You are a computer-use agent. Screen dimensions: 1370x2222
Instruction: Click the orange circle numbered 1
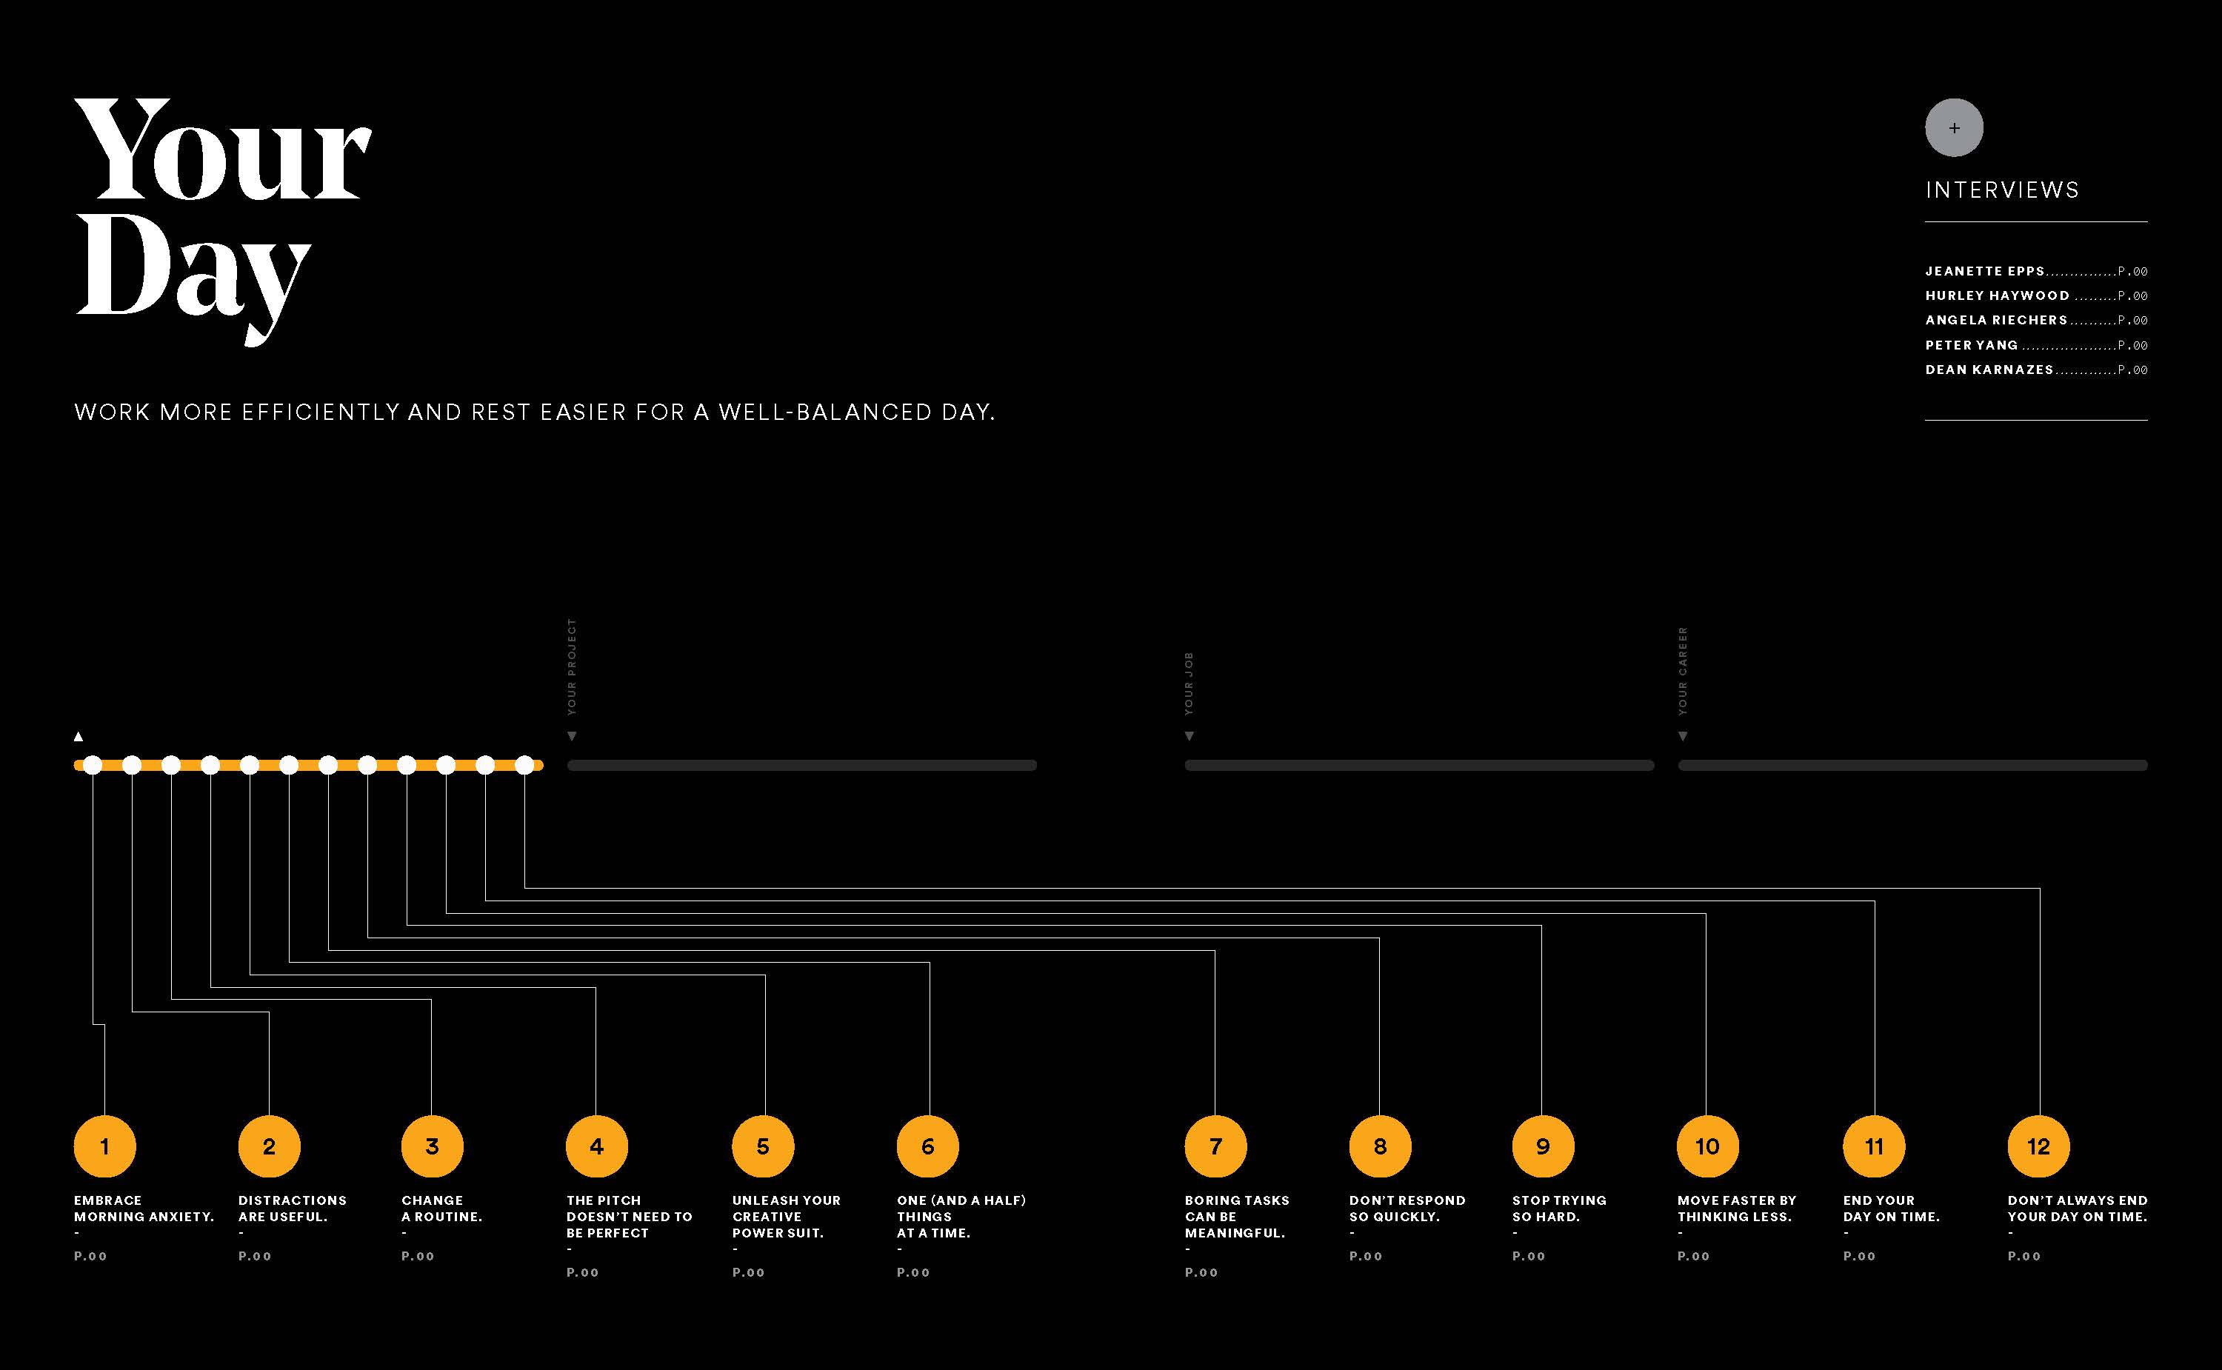[105, 1146]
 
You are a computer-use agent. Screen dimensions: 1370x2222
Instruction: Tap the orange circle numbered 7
[1215, 1146]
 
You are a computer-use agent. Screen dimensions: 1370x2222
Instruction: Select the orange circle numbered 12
[2038, 1146]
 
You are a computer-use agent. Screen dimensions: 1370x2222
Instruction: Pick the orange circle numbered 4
[596, 1146]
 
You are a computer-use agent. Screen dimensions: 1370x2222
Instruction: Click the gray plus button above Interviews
[1954, 128]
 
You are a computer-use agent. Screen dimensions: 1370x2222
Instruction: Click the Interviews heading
[2002, 190]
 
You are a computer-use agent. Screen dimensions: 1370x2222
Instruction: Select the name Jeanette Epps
[1984, 271]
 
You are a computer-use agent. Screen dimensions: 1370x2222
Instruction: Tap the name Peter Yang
[1971, 345]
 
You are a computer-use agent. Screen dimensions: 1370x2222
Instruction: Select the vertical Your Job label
[1189, 684]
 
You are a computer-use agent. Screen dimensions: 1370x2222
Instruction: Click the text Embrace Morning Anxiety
[143, 1209]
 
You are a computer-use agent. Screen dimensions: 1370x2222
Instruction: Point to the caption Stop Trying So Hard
[1558, 1209]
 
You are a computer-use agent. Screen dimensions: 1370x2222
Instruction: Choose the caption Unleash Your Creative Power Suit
[786, 1216]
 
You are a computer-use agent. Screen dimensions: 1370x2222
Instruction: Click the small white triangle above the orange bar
[79, 737]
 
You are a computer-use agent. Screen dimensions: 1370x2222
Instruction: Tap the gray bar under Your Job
[1419, 766]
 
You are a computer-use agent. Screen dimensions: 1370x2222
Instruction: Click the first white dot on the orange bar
[93, 766]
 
